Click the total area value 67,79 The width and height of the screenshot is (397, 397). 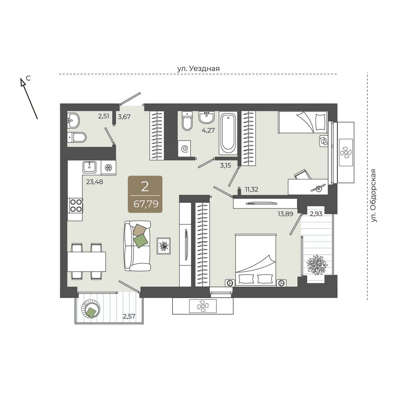point(146,204)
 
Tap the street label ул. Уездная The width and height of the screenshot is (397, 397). point(198,68)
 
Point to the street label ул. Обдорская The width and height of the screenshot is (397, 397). point(374,196)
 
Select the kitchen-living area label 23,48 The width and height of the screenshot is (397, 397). point(95,182)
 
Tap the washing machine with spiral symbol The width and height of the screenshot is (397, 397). point(184,149)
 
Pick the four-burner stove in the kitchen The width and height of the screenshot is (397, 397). point(75,205)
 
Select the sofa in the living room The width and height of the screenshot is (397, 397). point(137,246)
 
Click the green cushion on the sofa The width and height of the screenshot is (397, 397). point(141,241)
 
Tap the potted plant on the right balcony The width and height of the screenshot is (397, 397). point(317,265)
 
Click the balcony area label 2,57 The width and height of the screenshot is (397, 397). point(129,316)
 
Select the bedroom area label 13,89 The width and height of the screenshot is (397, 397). point(285,214)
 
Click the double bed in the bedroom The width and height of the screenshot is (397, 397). point(255,260)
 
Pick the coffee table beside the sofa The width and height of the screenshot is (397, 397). point(163,246)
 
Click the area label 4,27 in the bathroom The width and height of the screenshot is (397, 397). point(208,130)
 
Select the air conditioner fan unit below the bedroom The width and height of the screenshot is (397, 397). point(203,306)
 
